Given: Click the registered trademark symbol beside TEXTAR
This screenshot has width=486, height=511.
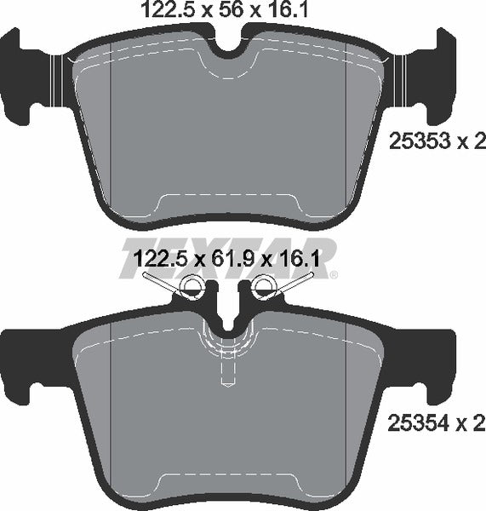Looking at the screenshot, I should [334, 274].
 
